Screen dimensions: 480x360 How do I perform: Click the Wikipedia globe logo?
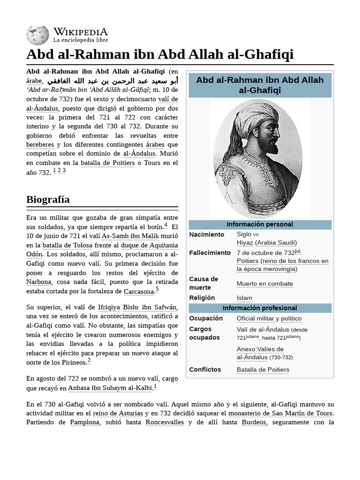[x=38, y=36]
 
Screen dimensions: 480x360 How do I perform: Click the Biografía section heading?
[x=48, y=199]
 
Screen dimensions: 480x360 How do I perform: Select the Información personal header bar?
[x=260, y=225]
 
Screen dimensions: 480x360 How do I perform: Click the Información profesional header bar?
[x=260, y=308]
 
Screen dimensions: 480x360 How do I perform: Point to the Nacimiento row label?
[x=206, y=234]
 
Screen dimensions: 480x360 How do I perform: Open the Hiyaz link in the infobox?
[x=245, y=243]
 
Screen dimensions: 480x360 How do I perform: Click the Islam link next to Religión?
[x=244, y=298]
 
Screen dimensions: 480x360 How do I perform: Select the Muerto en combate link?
[x=264, y=284]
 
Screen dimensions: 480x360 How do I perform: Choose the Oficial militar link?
[x=255, y=319]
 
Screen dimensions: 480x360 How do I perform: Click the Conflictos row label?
[x=205, y=370]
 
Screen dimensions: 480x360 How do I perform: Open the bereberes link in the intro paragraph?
[x=40, y=145]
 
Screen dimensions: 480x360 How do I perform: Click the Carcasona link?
[x=139, y=292]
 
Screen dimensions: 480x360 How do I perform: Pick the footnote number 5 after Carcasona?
[x=157, y=289]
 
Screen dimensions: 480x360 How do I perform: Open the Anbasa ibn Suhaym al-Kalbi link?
[x=110, y=388]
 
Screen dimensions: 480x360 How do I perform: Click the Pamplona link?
[x=85, y=422]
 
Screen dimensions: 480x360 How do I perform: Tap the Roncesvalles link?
[x=165, y=422]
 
